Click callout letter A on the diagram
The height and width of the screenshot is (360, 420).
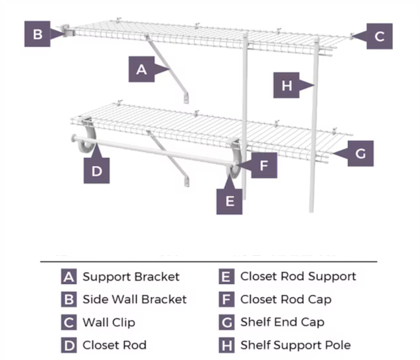click(141, 70)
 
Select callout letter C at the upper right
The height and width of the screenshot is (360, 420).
click(379, 36)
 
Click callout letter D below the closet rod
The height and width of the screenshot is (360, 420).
click(97, 171)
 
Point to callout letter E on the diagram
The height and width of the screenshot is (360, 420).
click(230, 201)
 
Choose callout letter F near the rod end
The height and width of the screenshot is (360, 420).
click(263, 165)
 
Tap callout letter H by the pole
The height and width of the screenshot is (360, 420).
click(287, 86)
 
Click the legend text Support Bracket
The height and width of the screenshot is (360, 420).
click(131, 276)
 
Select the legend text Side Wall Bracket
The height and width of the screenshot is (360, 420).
click(135, 299)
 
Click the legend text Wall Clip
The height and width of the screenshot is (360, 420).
click(109, 322)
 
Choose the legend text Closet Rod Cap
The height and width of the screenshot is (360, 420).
click(285, 299)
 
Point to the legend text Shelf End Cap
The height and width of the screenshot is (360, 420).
click(282, 322)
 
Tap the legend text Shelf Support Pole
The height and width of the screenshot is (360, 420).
click(295, 345)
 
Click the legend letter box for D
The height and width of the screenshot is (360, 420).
click(69, 345)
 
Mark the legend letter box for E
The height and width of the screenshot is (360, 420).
click(226, 276)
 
